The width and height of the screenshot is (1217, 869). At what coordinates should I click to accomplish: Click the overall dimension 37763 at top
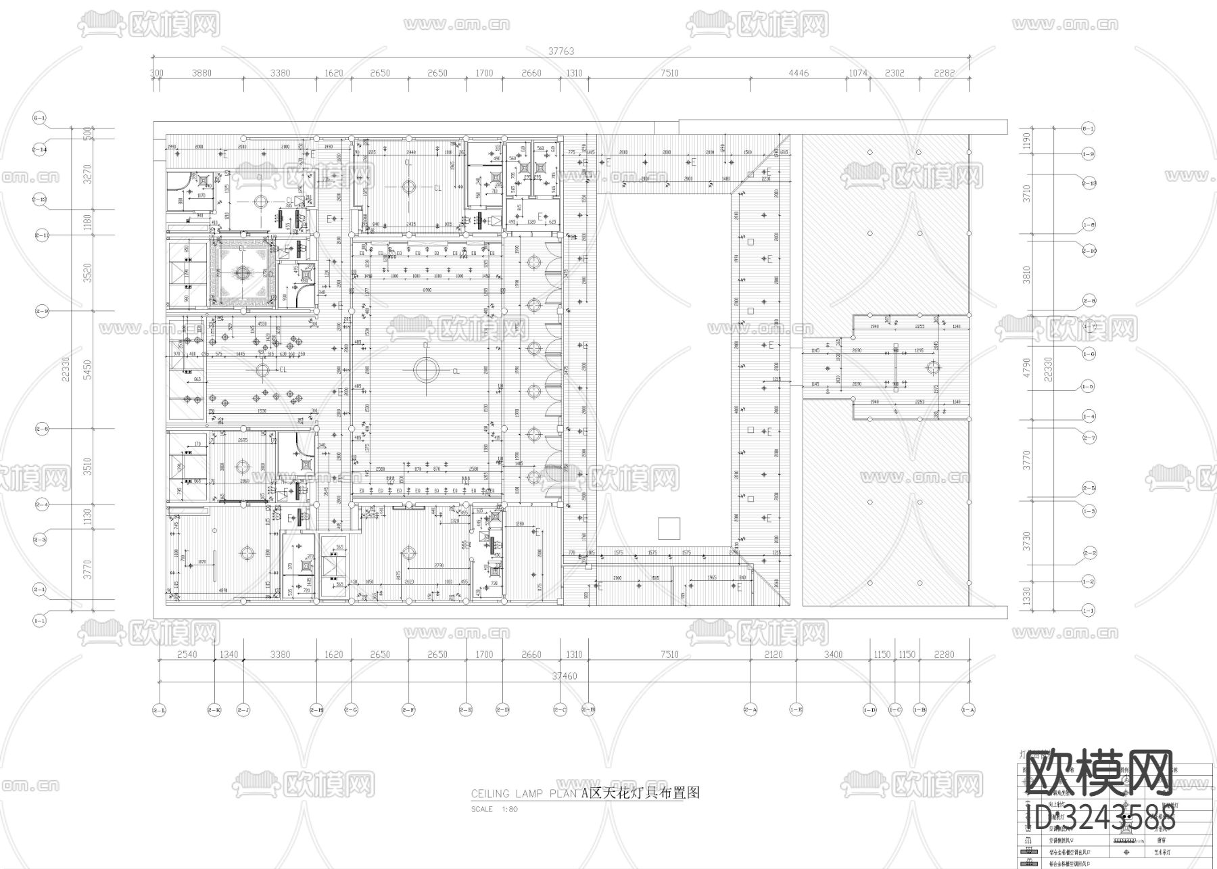pyautogui.click(x=561, y=51)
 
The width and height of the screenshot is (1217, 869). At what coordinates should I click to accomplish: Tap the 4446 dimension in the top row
pyautogui.click(x=798, y=73)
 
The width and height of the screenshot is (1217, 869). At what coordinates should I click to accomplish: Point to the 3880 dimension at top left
pyautogui.click(x=201, y=73)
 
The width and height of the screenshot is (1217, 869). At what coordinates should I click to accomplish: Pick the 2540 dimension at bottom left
pyautogui.click(x=187, y=654)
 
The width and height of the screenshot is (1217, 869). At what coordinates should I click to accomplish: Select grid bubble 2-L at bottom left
pyautogui.click(x=160, y=710)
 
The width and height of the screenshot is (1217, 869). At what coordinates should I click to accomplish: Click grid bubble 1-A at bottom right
pyautogui.click(x=968, y=710)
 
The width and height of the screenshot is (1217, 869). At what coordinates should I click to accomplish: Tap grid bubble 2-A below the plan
pyautogui.click(x=750, y=710)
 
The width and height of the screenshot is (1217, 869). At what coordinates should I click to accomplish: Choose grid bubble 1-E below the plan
pyautogui.click(x=796, y=710)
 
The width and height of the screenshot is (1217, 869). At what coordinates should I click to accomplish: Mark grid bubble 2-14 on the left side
pyautogui.click(x=39, y=149)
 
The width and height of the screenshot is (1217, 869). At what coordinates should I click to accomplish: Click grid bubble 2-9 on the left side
pyautogui.click(x=42, y=312)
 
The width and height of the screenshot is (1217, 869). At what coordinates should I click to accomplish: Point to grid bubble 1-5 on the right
pyautogui.click(x=1088, y=387)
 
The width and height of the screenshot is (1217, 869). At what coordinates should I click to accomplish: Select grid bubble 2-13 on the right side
pyautogui.click(x=1089, y=183)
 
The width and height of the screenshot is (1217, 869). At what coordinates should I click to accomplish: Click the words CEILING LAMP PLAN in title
pyautogui.click(x=525, y=794)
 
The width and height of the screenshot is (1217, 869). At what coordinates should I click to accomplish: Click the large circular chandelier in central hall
pyautogui.click(x=427, y=371)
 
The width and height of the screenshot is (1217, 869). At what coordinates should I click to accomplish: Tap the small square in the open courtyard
pyautogui.click(x=669, y=527)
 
